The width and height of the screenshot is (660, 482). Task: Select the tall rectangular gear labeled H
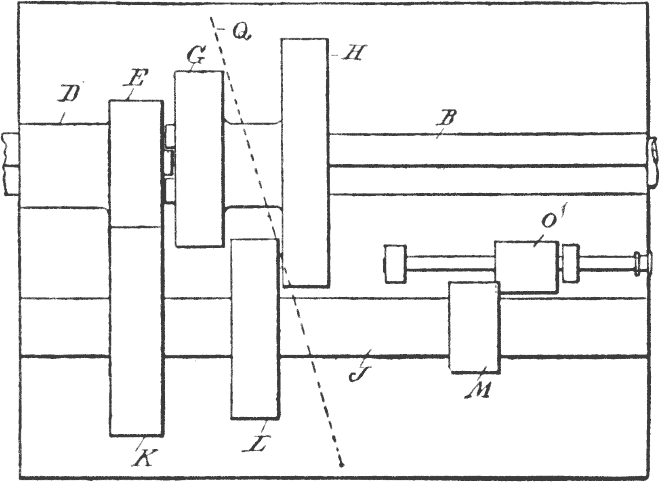pyautogui.click(x=305, y=162)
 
